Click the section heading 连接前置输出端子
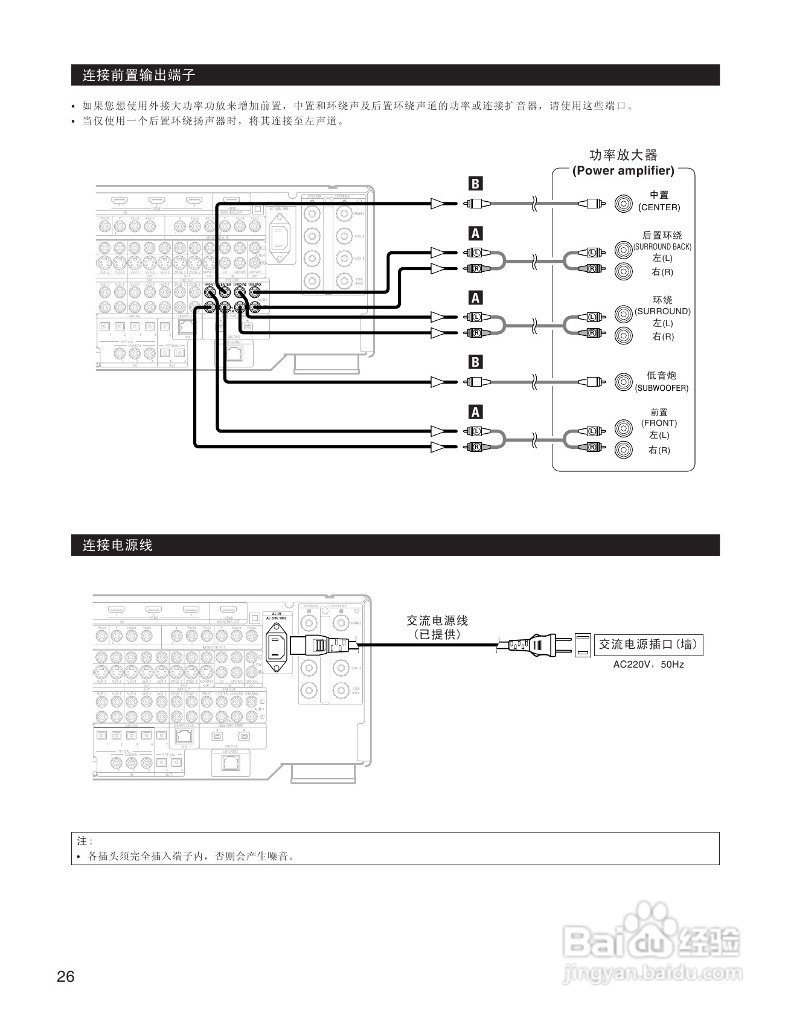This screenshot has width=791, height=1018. coord(139,76)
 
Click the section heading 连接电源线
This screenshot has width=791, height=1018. coord(118,545)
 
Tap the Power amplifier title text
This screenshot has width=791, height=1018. coord(623,170)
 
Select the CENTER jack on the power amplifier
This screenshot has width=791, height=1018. coord(623,204)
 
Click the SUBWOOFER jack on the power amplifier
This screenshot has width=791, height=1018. coord(623,382)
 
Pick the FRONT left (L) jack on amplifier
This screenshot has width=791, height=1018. coord(623,428)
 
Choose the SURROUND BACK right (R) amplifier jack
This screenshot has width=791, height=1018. coord(623,271)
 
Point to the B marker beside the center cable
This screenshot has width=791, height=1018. coord(476,184)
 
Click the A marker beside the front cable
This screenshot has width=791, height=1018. coord(476,412)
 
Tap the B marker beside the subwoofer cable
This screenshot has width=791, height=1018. coord(476,362)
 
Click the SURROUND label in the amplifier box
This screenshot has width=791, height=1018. coord(662,311)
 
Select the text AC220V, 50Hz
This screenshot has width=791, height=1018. coord(648,664)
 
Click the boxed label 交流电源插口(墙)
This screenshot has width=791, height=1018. coord(648,645)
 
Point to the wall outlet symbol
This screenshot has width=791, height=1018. coord(583,645)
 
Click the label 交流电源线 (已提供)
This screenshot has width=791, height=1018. coord(437,627)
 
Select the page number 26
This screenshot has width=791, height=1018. coord(65,976)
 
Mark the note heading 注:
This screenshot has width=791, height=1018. coord(85,841)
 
